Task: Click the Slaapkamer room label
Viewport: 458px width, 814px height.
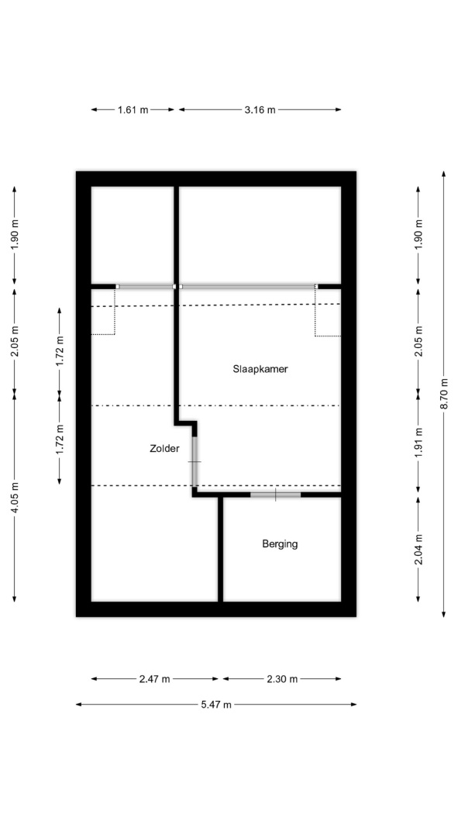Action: pyautogui.click(x=260, y=370)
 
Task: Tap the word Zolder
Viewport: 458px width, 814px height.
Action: pyautogui.click(x=164, y=449)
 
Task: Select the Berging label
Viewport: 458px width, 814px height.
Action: pyautogui.click(x=280, y=544)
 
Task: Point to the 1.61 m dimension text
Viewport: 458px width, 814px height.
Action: pyautogui.click(x=133, y=110)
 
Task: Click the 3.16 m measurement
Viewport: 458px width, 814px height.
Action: pyautogui.click(x=260, y=110)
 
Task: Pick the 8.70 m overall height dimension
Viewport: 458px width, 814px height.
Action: pyautogui.click(x=444, y=394)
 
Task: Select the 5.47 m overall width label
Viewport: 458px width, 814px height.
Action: pyautogui.click(x=215, y=705)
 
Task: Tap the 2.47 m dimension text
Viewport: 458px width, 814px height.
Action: pyautogui.click(x=154, y=679)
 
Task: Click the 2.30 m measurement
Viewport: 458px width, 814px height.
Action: pyautogui.click(x=282, y=679)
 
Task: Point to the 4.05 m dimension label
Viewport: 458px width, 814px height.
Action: pyautogui.click(x=15, y=498)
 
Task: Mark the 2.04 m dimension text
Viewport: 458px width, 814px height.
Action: pyautogui.click(x=418, y=550)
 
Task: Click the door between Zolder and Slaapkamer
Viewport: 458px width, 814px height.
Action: pyautogui.click(x=195, y=461)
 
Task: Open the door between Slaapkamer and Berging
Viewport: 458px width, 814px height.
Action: pyautogui.click(x=275, y=495)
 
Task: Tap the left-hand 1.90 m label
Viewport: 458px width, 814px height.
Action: pyautogui.click(x=15, y=235)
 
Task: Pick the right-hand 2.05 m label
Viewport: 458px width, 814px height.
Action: pyautogui.click(x=418, y=340)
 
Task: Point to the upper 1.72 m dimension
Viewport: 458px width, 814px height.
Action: pyautogui.click(x=60, y=352)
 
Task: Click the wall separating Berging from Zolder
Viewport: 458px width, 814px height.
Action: pyautogui.click(x=220, y=549)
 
